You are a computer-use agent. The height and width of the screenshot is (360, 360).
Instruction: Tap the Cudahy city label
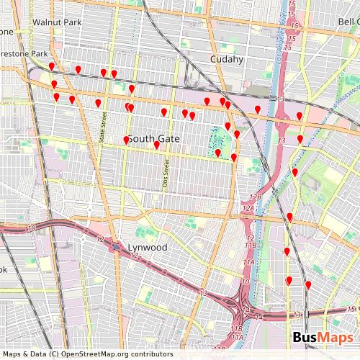227,59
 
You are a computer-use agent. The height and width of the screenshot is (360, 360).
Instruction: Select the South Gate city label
153,137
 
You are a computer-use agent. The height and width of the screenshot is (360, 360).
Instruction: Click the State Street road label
102,127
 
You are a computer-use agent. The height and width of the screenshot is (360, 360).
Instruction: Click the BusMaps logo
322,338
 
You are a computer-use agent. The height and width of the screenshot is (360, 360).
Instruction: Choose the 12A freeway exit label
248,208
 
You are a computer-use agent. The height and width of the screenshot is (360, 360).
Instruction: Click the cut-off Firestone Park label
24,53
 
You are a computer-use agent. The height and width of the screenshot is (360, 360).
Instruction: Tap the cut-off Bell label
349,22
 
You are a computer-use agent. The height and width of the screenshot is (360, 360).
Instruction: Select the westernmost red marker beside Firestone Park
52,67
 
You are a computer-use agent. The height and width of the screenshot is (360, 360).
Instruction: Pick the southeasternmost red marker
308,285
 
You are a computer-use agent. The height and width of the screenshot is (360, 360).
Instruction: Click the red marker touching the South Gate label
127,140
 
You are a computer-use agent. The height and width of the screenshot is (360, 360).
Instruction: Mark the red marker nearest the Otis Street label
156,145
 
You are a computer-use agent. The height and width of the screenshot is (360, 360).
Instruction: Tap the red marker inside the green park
218,153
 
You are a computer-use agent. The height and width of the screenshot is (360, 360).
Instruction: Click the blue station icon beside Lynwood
116,247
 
